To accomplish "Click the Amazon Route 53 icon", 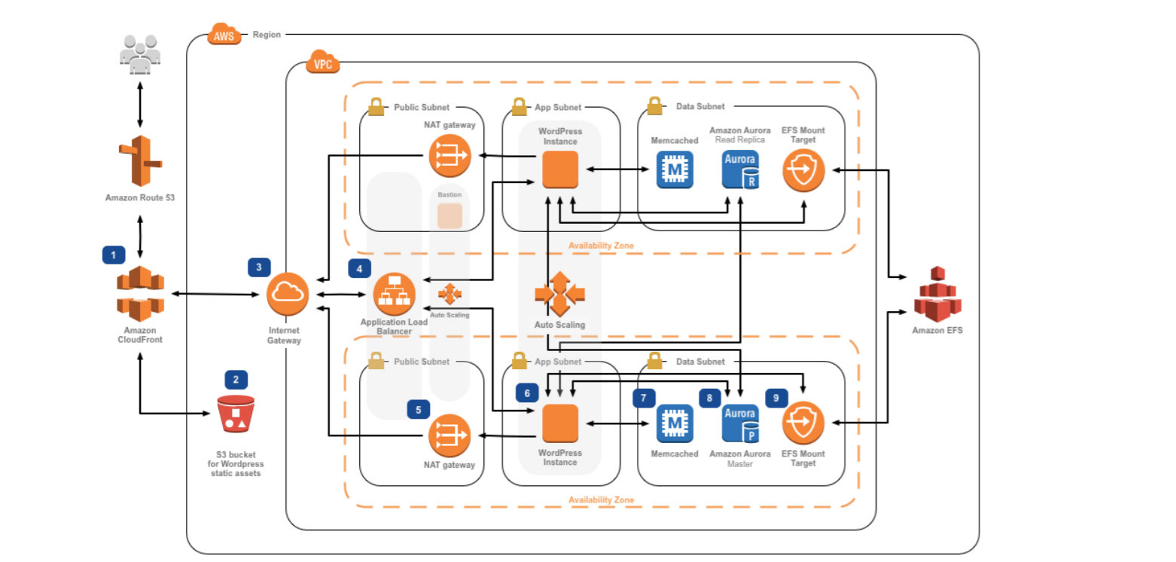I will [140, 160].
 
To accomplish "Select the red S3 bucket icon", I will [236, 414].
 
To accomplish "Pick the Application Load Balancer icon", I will [395, 293].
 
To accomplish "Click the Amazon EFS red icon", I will [937, 294].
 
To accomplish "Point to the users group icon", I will [140, 54].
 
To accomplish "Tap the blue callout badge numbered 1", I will [113, 255].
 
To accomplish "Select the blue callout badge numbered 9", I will [777, 398].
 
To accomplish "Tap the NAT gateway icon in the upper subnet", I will [449, 156].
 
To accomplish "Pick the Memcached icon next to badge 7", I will [675, 423].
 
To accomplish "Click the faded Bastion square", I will [449, 215].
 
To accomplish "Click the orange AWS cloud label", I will [224, 35].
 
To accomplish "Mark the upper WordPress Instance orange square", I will [560, 170].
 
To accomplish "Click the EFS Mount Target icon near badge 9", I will [803, 423].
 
